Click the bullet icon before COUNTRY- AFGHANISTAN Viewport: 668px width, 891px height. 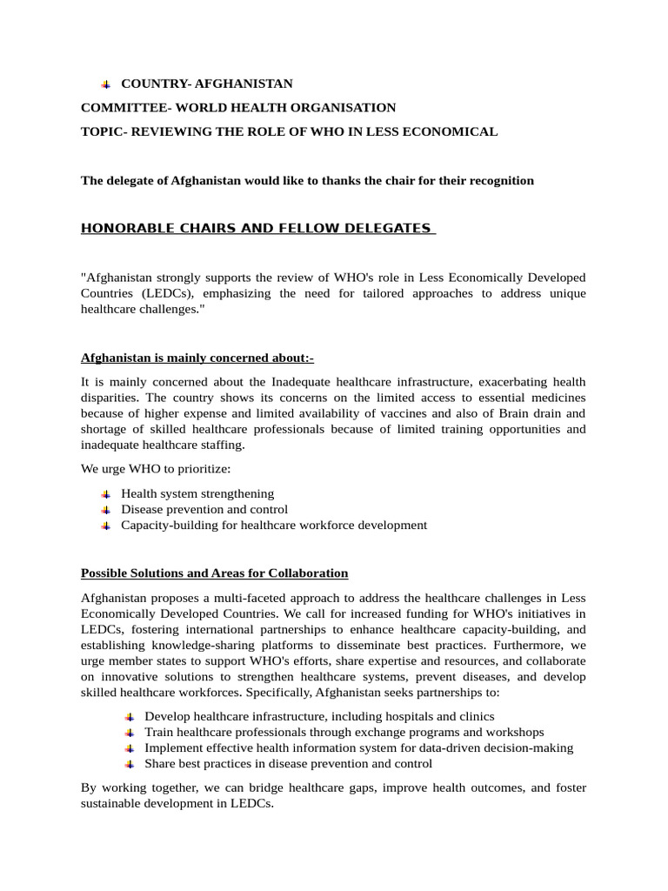pos(105,84)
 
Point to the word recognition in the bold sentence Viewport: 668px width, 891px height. pos(498,181)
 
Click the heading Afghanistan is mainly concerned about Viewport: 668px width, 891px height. pos(197,358)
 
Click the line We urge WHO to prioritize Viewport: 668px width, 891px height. pos(156,469)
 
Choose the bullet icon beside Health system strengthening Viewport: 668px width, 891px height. pos(105,494)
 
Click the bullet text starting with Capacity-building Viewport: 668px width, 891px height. pos(274,525)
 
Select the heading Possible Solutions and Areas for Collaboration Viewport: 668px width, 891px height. pos(214,573)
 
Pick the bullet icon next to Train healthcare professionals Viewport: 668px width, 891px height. pos(129,733)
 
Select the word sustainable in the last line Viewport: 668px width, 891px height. pos(116,804)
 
